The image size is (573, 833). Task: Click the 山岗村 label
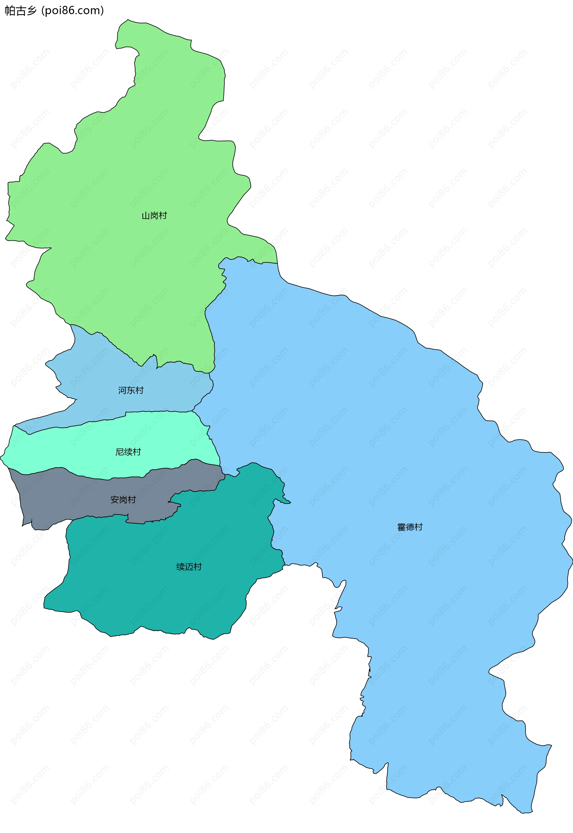click(154, 216)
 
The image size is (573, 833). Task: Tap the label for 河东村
click(131, 390)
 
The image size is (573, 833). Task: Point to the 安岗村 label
click(123, 500)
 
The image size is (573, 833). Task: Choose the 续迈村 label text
click(189, 567)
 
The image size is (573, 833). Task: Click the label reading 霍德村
click(410, 527)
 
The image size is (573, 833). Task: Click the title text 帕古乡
click(21, 11)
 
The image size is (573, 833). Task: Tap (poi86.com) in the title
click(73, 11)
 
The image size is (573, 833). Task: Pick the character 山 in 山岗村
click(146, 216)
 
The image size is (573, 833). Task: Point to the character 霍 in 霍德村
click(401, 527)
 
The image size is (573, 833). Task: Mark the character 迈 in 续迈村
click(189, 567)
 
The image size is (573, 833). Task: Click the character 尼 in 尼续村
click(120, 452)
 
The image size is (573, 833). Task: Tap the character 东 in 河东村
click(131, 390)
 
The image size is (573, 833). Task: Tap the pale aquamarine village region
click(72, 449)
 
